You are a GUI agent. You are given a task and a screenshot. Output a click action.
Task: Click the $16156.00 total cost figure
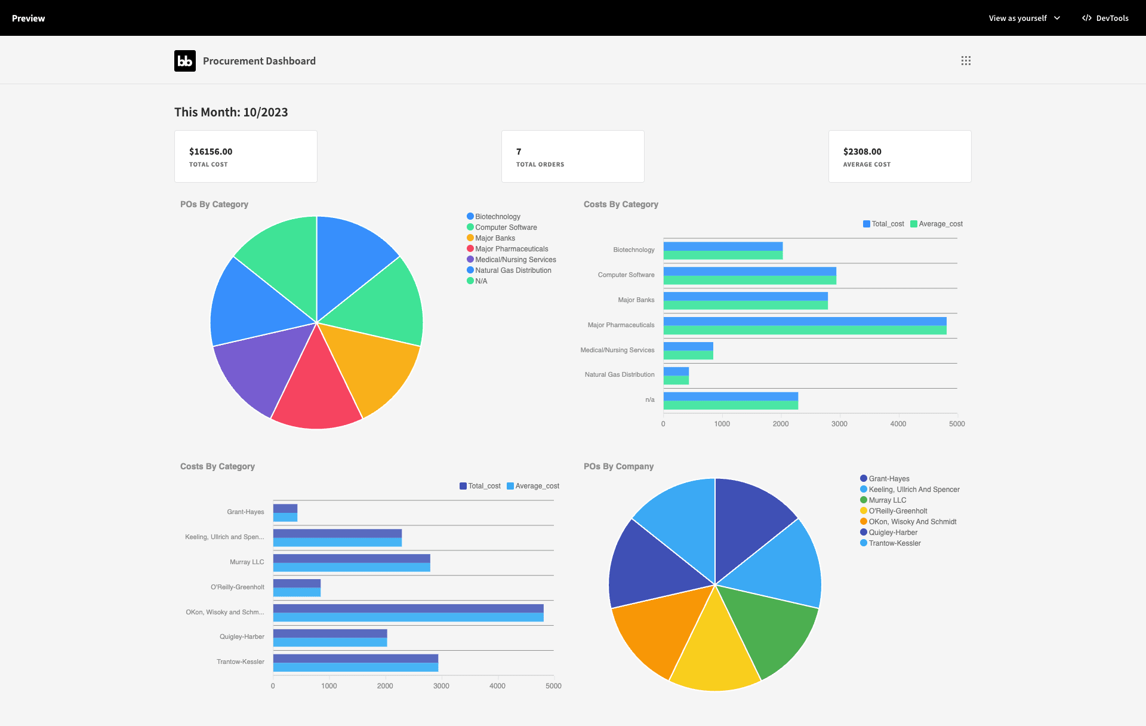tap(211, 152)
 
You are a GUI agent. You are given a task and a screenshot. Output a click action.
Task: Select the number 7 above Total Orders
tap(519, 152)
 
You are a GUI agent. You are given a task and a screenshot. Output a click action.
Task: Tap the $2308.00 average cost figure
tap(862, 152)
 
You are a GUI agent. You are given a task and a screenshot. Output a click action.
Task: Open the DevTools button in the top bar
tap(1105, 18)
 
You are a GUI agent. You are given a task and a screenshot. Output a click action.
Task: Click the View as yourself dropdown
tap(1024, 18)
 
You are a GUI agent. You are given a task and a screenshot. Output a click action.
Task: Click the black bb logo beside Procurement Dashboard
tap(185, 61)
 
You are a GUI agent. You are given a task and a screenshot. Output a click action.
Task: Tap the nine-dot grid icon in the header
tap(966, 61)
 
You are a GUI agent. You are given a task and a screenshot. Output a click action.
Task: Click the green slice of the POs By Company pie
tap(773, 627)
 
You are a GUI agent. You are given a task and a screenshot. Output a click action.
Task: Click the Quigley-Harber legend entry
tap(889, 533)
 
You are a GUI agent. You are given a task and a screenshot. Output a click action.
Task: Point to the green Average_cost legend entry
tap(936, 224)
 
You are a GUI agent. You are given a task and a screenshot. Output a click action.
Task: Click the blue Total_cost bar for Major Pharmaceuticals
tap(805, 322)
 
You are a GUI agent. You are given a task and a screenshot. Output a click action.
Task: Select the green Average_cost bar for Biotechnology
tap(723, 256)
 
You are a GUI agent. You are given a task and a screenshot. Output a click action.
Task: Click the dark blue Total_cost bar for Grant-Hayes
tap(285, 509)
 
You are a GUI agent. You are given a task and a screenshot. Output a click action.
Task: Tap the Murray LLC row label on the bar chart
tap(247, 562)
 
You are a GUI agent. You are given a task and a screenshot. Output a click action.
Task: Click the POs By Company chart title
tap(618, 466)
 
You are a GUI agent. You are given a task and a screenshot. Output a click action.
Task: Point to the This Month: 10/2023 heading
tap(231, 112)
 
